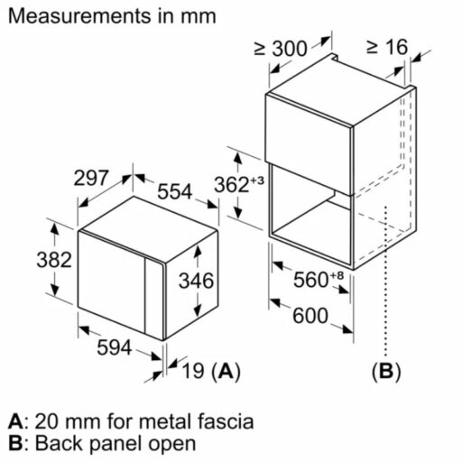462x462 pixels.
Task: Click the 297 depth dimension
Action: pyautogui.click(x=91, y=179)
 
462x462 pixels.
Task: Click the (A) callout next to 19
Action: pyautogui.click(x=226, y=371)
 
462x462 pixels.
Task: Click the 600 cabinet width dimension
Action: pyautogui.click(x=310, y=317)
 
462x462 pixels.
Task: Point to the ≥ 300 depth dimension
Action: pyautogui.click(x=282, y=47)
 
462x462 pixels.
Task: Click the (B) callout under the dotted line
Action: pyautogui.click(x=385, y=371)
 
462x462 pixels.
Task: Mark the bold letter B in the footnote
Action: pyautogui.click(x=14, y=443)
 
